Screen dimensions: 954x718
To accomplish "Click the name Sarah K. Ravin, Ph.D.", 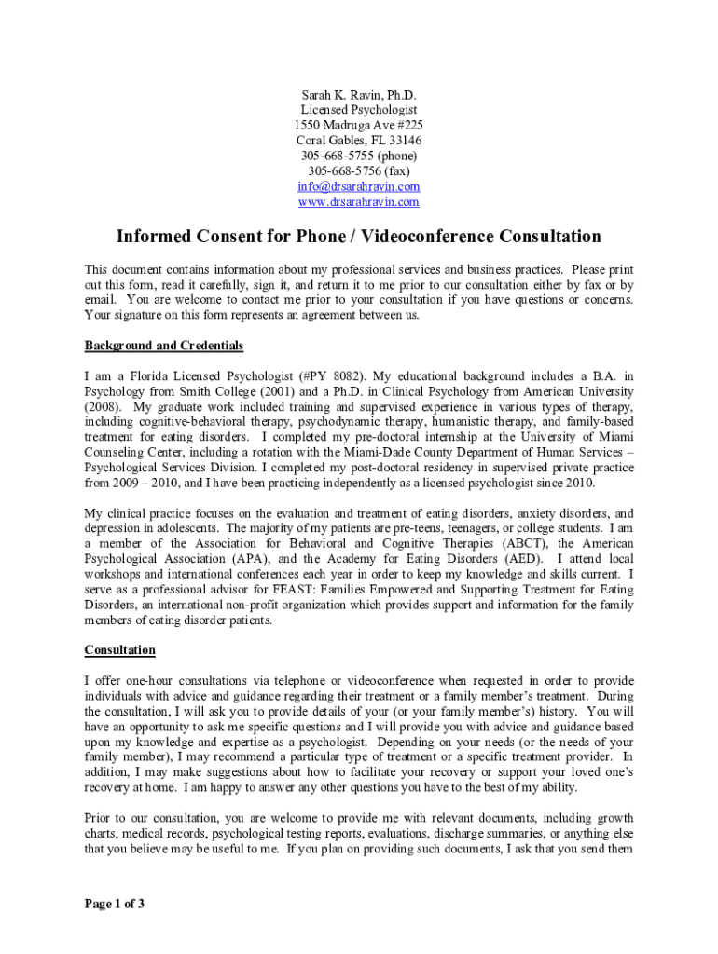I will click(358, 95).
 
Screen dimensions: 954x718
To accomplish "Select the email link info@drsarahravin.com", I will click(358, 186).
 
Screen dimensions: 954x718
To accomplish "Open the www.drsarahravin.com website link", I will click(358, 201).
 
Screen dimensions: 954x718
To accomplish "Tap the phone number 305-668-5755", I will click(336, 156).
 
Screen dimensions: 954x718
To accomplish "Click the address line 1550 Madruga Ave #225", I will click(358, 125).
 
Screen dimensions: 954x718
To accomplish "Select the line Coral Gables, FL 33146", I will click(358, 141).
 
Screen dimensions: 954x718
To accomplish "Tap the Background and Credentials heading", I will click(164, 346).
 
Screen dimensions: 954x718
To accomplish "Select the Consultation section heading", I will click(120, 649).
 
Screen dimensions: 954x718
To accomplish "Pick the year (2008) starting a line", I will click(104, 407).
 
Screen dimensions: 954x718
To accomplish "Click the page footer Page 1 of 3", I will click(115, 904).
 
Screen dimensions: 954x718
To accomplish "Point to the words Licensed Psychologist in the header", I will click(358, 110).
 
